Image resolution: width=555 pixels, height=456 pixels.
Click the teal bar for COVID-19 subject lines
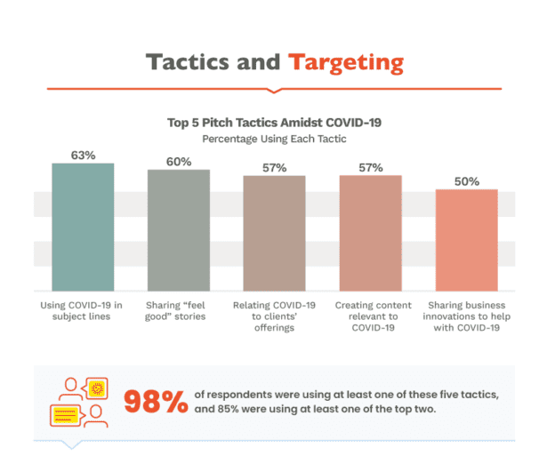tap(83, 227)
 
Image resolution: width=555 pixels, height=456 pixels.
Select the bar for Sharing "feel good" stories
tap(178, 229)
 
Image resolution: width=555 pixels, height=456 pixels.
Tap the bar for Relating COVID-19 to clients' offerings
tap(274, 233)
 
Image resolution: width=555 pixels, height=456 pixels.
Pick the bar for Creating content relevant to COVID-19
tap(370, 233)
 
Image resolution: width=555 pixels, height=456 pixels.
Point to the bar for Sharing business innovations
tap(466, 240)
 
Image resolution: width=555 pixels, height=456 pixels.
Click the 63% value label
tap(83, 155)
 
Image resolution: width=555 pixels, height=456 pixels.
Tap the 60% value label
tap(179, 161)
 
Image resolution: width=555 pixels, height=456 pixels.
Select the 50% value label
tap(466, 181)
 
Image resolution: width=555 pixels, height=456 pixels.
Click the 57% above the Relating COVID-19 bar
tap(274, 167)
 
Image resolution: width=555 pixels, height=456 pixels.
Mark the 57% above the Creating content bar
tap(370, 167)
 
